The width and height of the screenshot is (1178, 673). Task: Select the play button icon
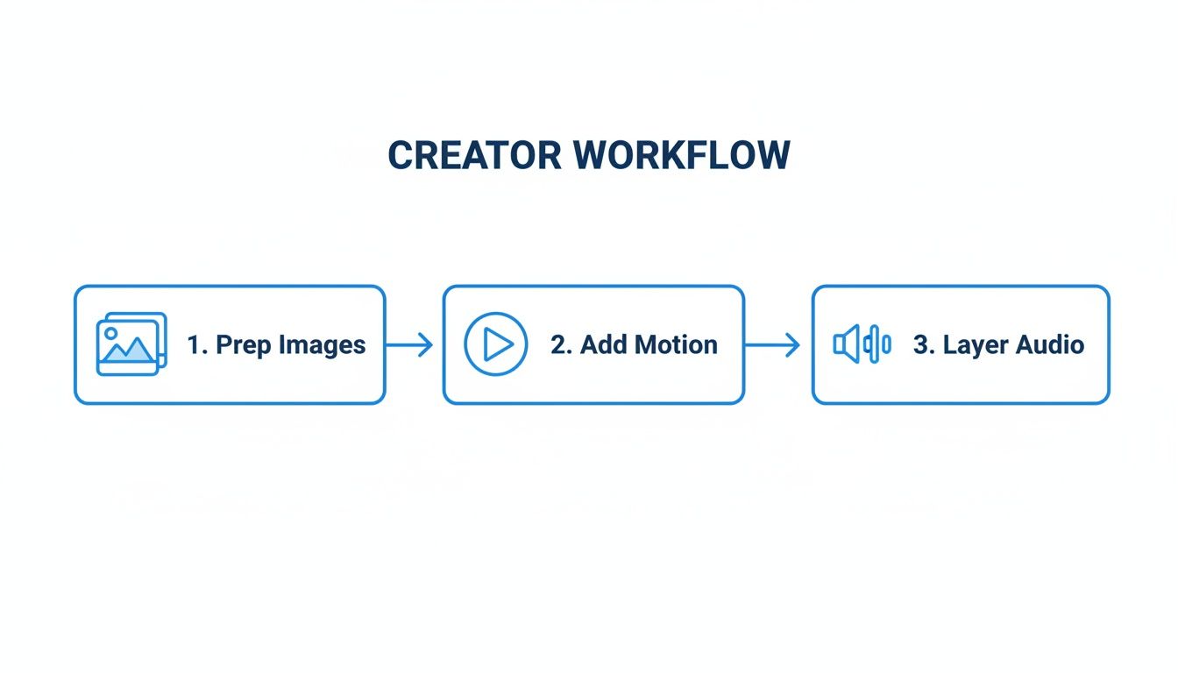(x=496, y=344)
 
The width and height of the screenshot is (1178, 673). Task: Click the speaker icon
(x=847, y=344)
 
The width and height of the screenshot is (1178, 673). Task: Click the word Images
(x=322, y=345)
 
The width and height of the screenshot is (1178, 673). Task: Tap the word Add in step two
(x=600, y=345)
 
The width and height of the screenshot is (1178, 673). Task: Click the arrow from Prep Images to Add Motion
(x=409, y=345)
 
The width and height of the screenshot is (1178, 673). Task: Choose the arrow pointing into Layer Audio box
(x=773, y=345)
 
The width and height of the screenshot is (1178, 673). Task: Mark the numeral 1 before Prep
(x=194, y=345)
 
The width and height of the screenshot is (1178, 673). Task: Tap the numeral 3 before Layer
(x=921, y=345)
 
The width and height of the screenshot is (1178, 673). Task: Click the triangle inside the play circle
(x=498, y=344)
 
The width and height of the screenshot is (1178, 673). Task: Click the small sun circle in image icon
(x=110, y=334)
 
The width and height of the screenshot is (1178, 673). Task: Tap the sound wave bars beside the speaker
(x=878, y=344)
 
